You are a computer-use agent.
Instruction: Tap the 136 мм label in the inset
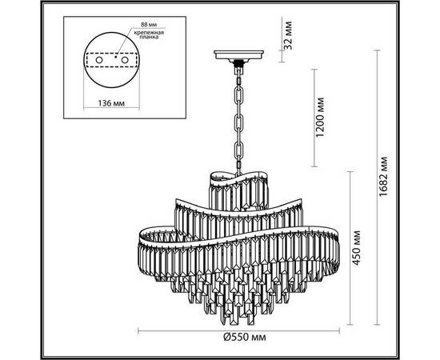coord(109,102)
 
